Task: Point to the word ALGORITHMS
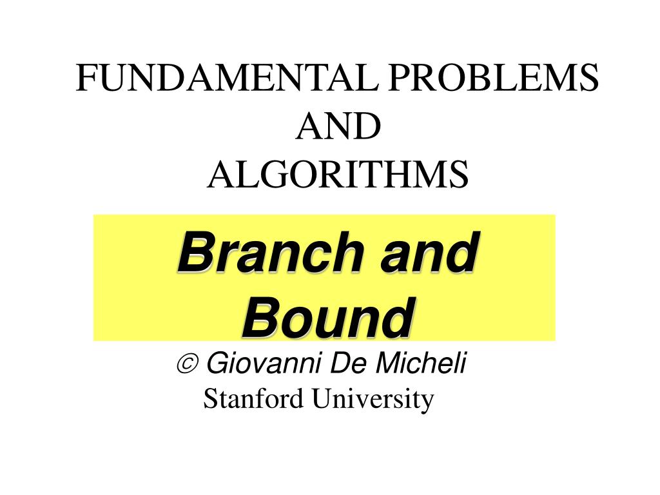coord(337,175)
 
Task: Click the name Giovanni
coord(266,365)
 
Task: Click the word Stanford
coord(253,399)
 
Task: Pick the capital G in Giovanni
coord(216,365)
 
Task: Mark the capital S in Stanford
coord(209,399)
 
